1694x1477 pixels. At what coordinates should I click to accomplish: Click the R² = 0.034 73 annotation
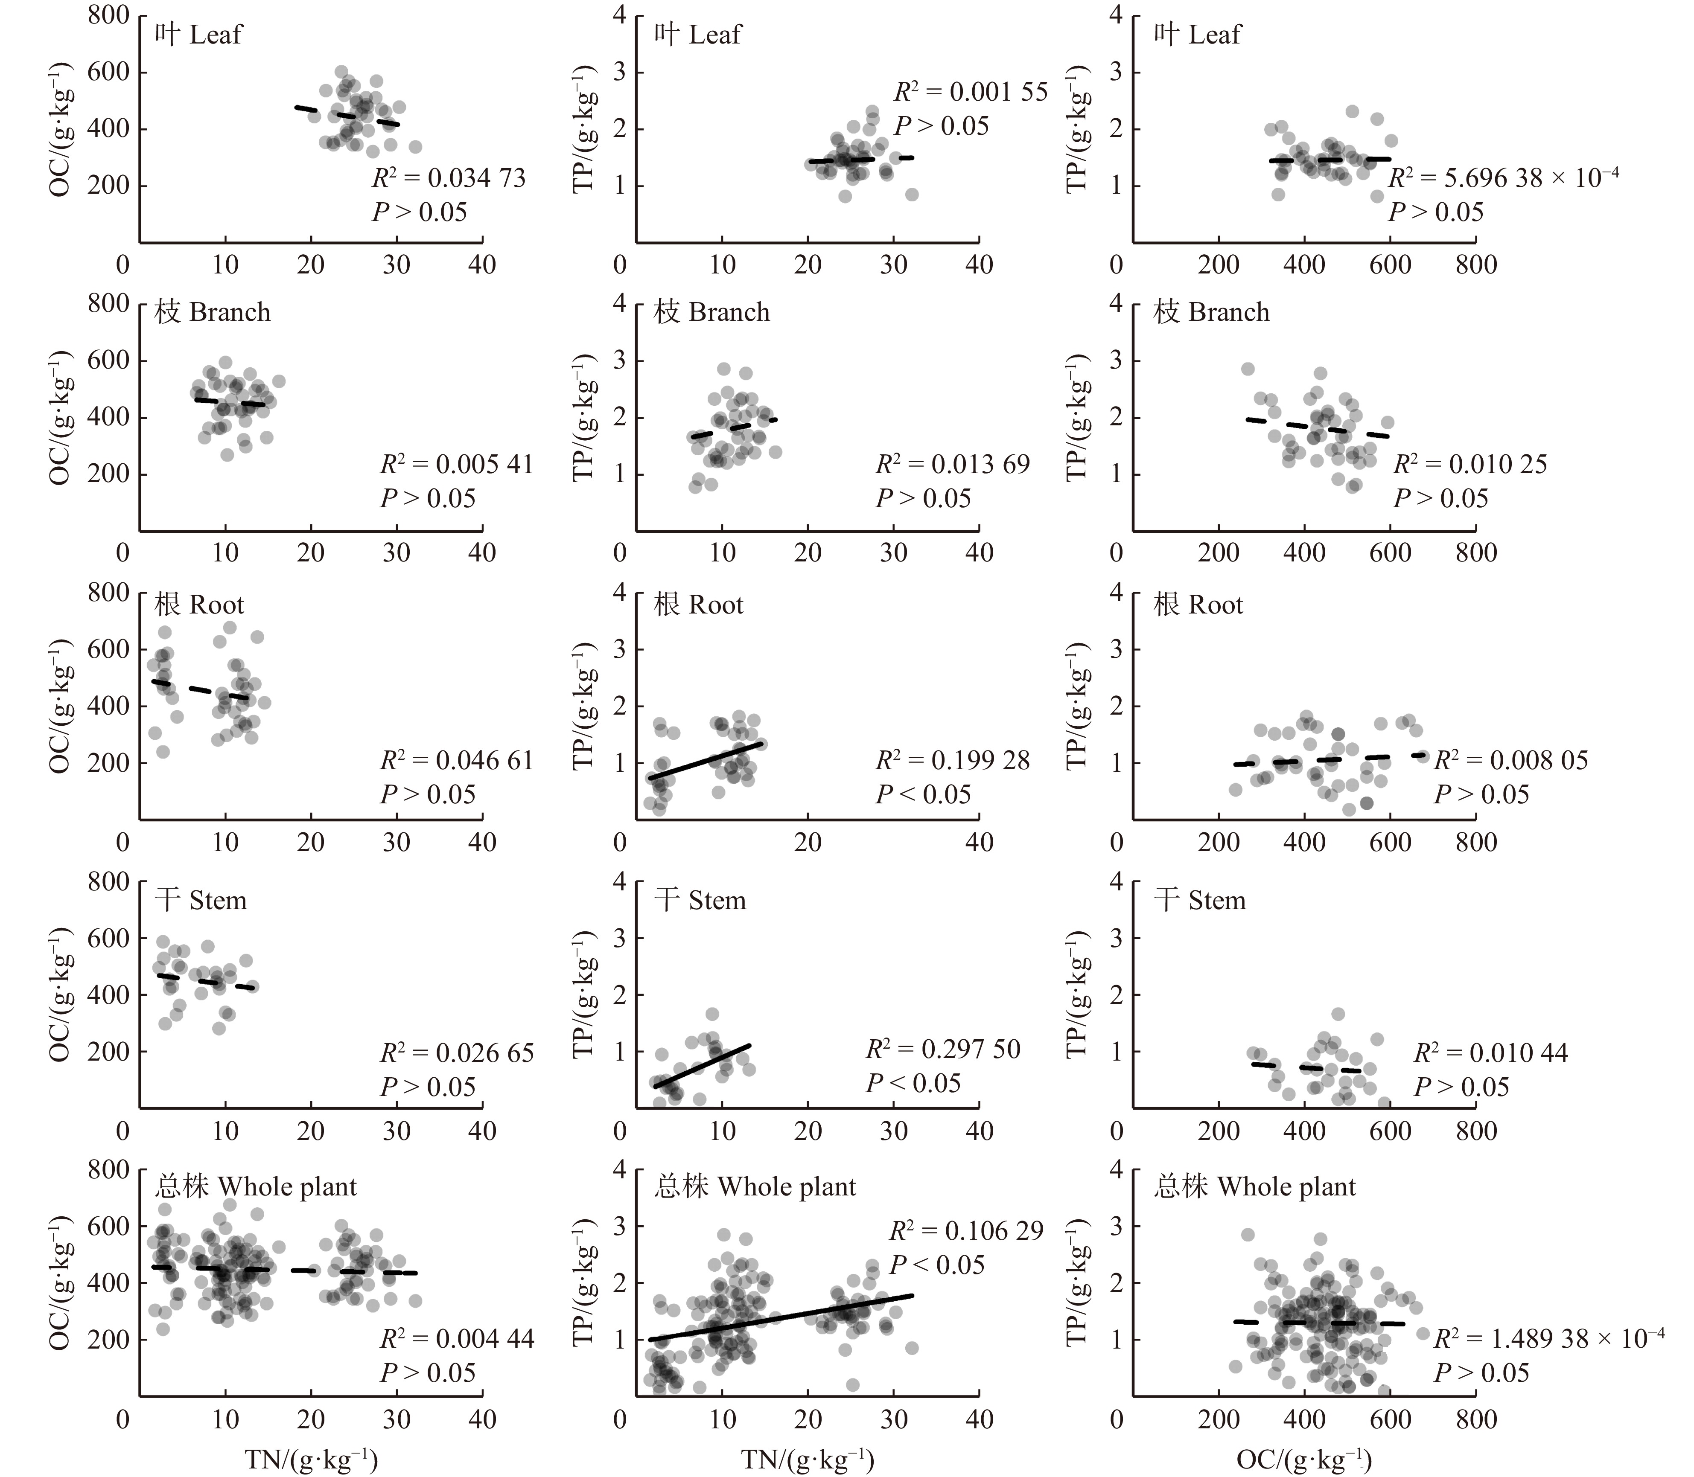pos(449,178)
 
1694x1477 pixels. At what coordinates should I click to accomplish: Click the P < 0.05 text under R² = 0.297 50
pos(913,1083)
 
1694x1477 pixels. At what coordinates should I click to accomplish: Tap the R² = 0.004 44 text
pos(457,1338)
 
